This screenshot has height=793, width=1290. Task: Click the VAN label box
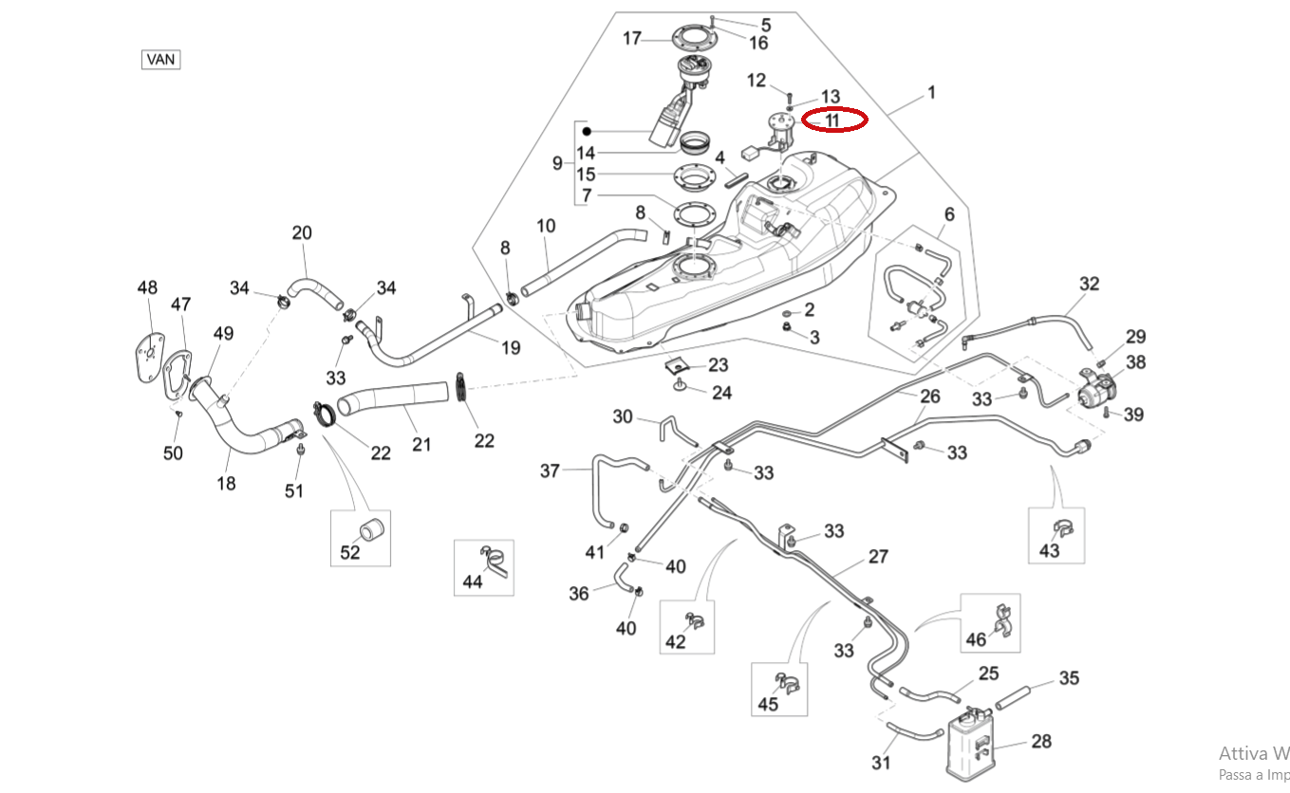point(161,59)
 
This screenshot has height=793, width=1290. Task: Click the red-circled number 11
point(832,120)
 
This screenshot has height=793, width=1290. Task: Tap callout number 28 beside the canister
point(1040,741)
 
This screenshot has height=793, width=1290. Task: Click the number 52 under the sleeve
point(350,552)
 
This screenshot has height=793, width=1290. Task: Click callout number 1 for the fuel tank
point(931,92)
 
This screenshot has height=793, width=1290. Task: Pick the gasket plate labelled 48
point(147,354)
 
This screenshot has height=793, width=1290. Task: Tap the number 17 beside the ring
point(633,39)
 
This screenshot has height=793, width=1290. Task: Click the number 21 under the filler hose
point(421,443)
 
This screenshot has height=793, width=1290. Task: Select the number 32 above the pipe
point(1089,284)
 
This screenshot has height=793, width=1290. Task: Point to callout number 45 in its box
point(768,704)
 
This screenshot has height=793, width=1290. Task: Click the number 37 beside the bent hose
point(551,470)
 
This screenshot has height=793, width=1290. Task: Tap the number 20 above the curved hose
point(302,232)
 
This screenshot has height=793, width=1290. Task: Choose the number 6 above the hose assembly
point(948,215)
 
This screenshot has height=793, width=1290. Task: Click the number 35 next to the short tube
point(1070,678)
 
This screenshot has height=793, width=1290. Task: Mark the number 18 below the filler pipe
point(226,483)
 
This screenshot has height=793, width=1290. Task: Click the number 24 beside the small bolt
point(722,392)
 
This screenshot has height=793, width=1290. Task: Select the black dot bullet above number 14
point(587,131)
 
